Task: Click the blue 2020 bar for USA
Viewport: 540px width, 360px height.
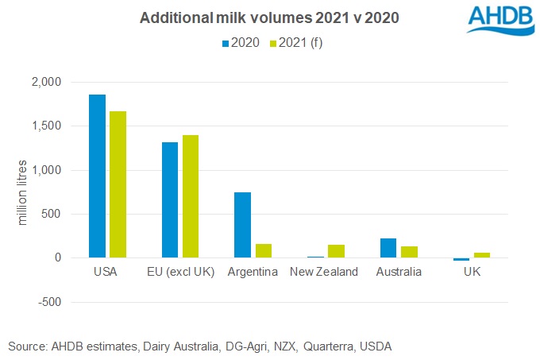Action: pyautogui.click(x=97, y=176)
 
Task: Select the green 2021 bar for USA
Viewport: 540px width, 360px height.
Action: pyautogui.click(x=118, y=184)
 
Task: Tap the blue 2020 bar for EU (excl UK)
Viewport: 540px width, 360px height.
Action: pyautogui.click(x=170, y=199)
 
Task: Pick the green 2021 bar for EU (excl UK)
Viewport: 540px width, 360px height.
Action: pyautogui.click(x=191, y=196)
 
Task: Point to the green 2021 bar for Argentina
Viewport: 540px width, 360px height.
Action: pyautogui.click(x=264, y=250)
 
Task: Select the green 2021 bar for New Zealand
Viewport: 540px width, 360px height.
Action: pyautogui.click(x=337, y=251)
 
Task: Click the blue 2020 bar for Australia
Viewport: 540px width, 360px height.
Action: pyautogui.click(x=389, y=248)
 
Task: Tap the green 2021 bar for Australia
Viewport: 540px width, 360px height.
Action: pyautogui.click(x=410, y=252)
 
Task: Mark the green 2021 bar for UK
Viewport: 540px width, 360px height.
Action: pyautogui.click(x=483, y=255)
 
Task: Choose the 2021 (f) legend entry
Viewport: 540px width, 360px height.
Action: pyautogui.click(x=295, y=42)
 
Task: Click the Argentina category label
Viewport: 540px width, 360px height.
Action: pyautogui.click(x=253, y=272)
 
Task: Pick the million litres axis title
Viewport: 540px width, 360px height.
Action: pyautogui.click(x=23, y=192)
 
